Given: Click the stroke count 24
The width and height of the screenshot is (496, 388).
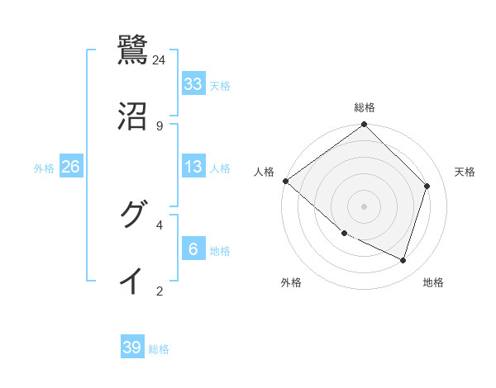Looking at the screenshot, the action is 160,59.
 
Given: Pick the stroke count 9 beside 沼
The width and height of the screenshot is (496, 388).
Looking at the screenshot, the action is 160,125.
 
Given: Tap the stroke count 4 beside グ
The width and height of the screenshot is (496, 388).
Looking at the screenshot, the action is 160,225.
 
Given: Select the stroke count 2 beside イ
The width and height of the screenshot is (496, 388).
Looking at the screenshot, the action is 160,291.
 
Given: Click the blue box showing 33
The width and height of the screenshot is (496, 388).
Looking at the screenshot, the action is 193,83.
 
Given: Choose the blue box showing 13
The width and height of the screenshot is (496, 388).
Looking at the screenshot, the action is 193,167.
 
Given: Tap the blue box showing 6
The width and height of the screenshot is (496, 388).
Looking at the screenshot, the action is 193,248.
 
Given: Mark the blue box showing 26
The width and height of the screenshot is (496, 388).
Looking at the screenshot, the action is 71,167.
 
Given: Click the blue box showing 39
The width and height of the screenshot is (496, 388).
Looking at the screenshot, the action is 132,348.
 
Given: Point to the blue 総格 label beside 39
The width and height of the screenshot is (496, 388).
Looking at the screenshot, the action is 160,349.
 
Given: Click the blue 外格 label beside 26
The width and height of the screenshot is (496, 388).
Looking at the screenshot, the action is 44,168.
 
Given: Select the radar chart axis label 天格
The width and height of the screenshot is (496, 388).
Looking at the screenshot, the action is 465,172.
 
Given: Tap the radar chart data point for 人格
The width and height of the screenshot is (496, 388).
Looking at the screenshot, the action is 285,181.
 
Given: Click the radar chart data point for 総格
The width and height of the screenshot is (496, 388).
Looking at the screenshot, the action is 365,125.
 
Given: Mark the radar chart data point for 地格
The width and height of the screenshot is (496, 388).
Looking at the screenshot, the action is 403,260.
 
